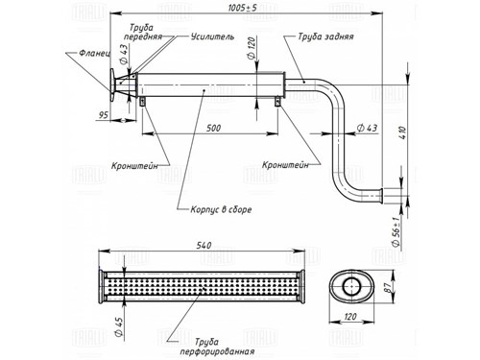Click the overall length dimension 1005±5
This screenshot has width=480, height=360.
pyautogui.click(x=242, y=8)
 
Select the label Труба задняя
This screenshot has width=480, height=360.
pyautogui.click(x=325, y=36)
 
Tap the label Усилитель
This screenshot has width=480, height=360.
pyautogui.click(x=212, y=36)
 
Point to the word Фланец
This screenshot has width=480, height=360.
pyautogui.click(x=94, y=53)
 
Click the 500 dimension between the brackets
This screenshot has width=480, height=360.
pyautogui.click(x=213, y=128)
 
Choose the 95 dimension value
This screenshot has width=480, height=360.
pyautogui.click(x=103, y=114)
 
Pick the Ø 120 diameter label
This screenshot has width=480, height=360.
pyautogui.click(x=252, y=48)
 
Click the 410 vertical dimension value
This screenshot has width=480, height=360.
pyautogui.click(x=403, y=132)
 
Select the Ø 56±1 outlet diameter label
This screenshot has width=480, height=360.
pyautogui.click(x=396, y=231)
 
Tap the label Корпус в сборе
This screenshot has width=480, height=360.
pyautogui.click(x=221, y=209)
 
